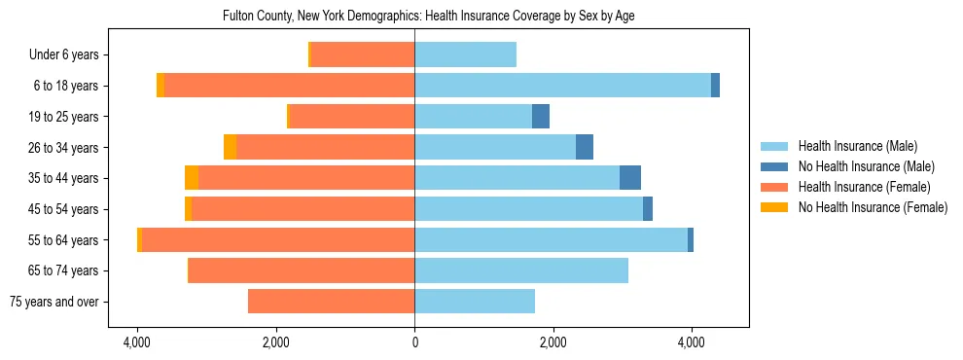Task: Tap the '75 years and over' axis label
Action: (x=53, y=302)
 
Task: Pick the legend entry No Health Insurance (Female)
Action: (x=872, y=207)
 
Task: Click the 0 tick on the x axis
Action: (x=415, y=343)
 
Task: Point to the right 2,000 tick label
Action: (x=553, y=343)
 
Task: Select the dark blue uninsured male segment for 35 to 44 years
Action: (x=630, y=178)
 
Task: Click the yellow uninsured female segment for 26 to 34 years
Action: (x=230, y=147)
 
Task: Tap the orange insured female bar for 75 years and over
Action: (x=332, y=302)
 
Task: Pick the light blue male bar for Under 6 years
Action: (x=465, y=54)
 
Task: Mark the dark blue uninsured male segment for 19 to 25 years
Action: (x=541, y=117)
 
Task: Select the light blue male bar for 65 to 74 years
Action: (x=521, y=270)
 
